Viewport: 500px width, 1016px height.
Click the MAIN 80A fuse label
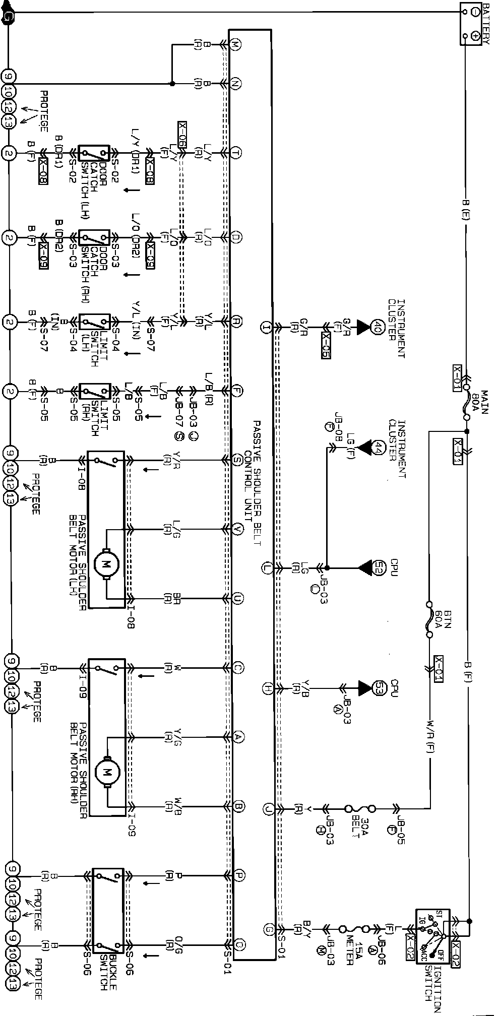479,402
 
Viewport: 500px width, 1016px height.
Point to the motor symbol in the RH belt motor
106,771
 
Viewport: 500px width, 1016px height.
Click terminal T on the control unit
236,152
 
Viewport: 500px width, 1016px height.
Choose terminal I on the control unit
266,327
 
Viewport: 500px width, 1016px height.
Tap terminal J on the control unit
268,809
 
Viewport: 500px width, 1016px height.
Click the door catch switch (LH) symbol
94,153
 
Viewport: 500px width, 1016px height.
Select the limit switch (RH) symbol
94,391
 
